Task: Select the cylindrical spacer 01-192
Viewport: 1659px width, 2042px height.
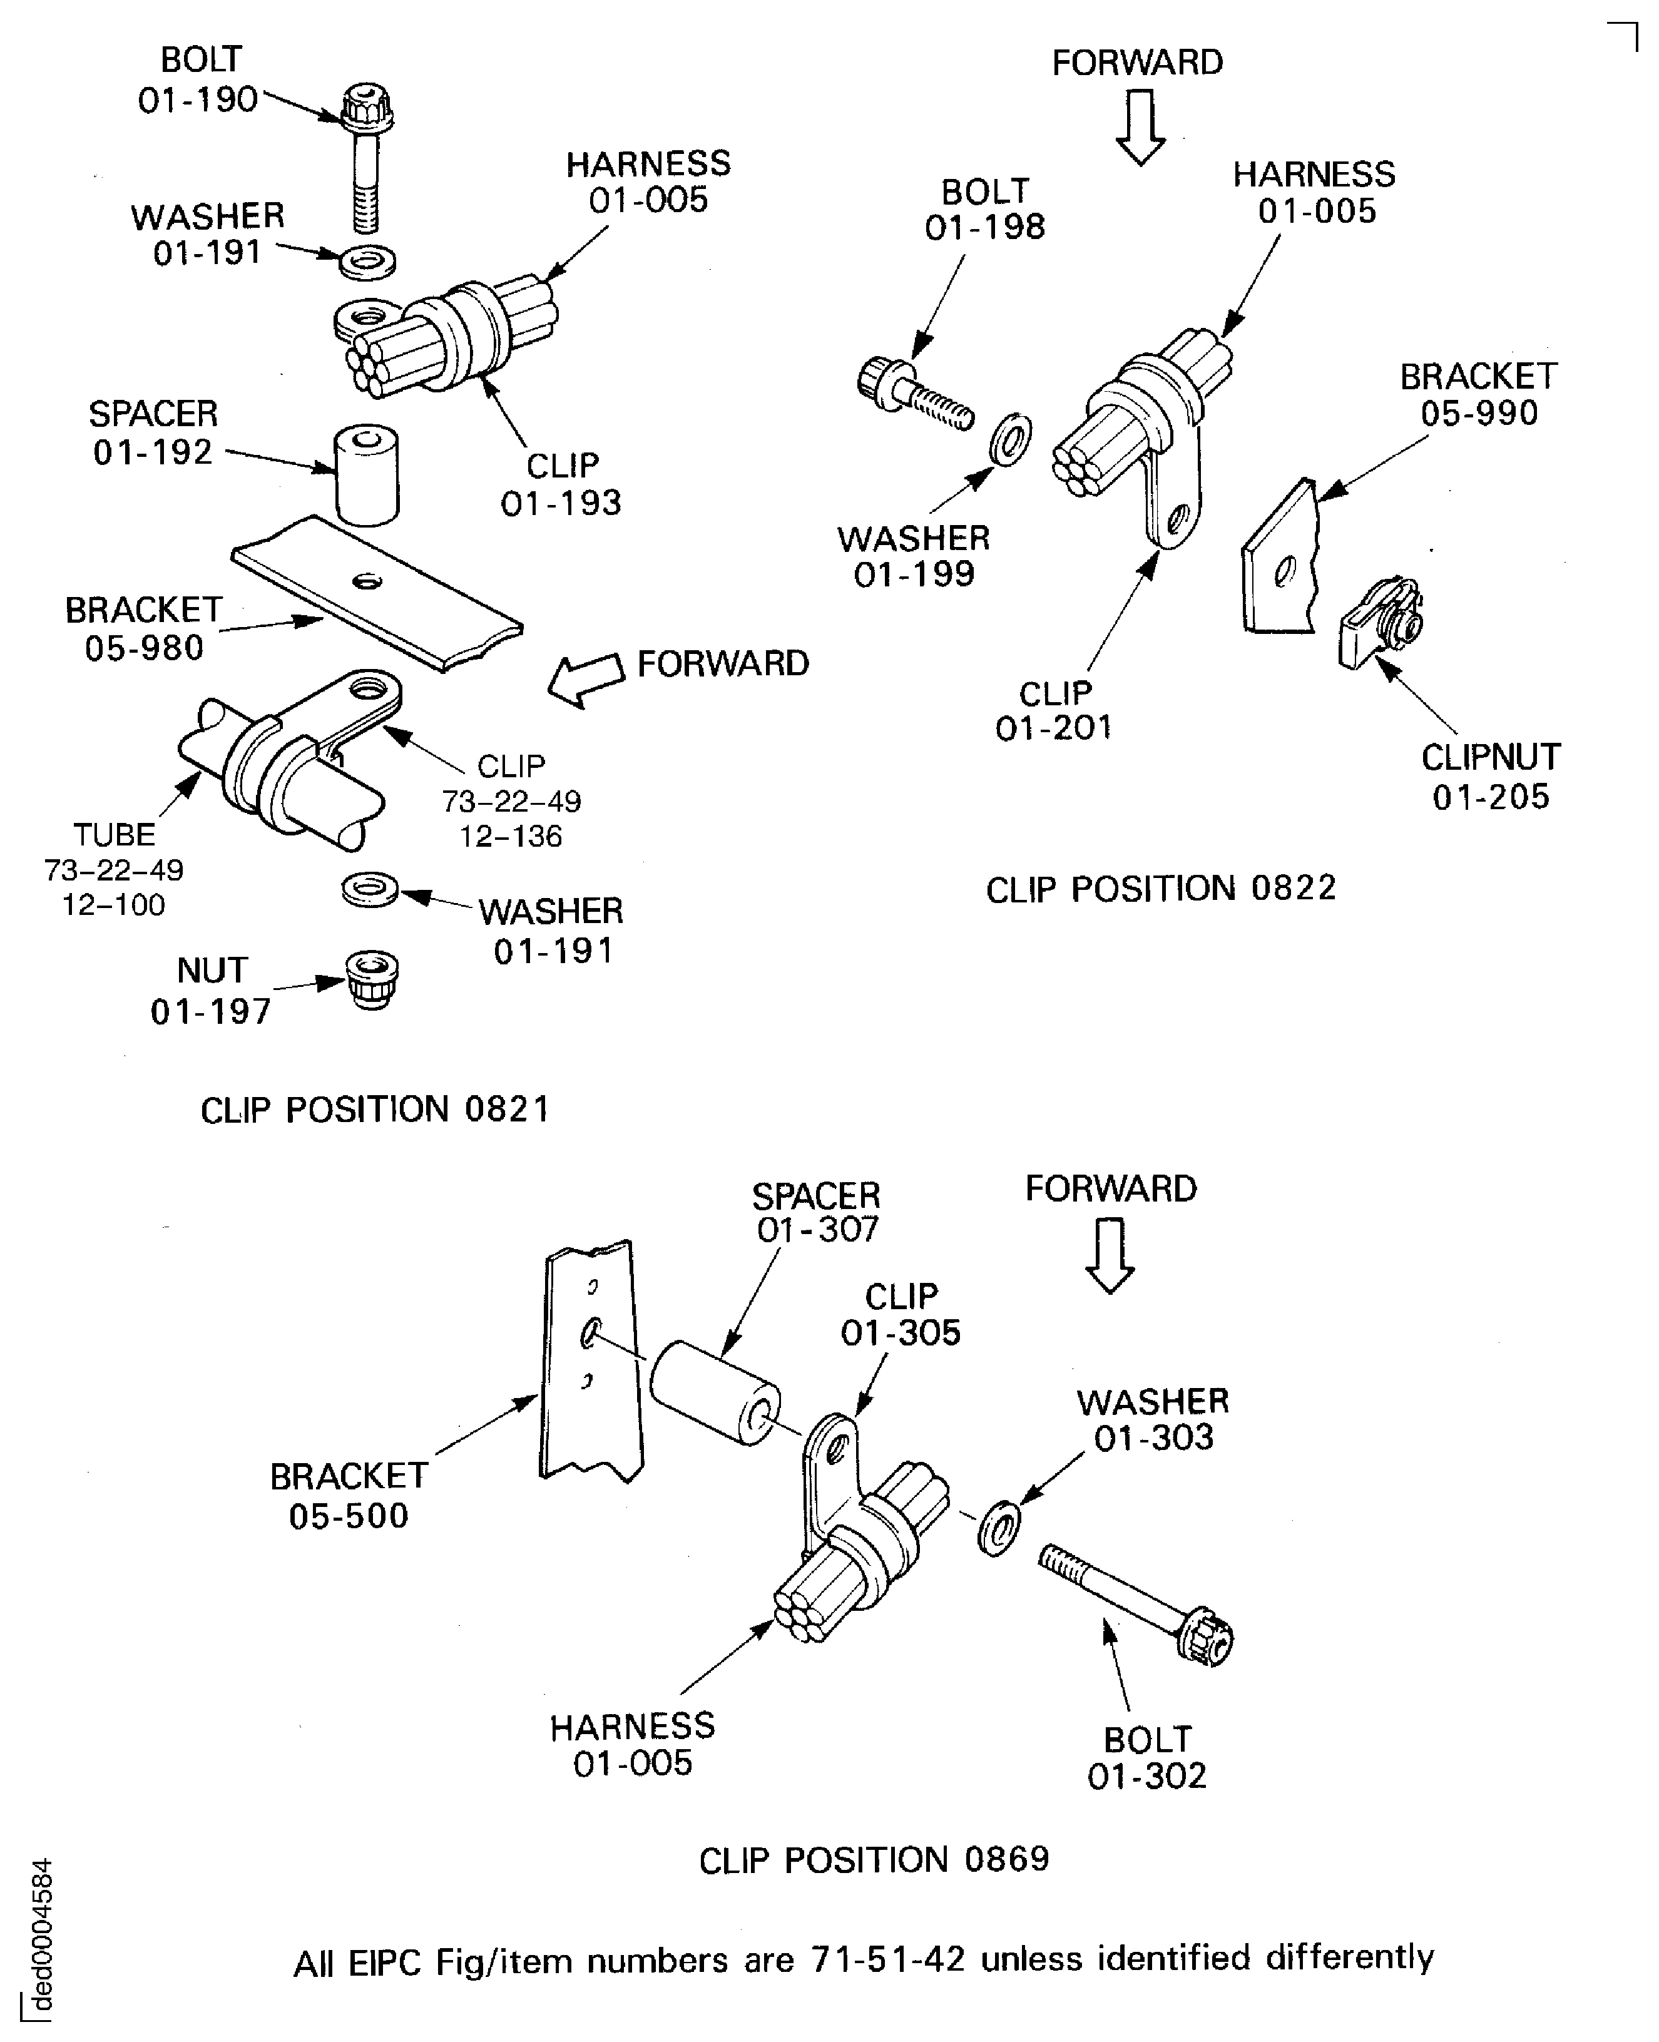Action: [366, 475]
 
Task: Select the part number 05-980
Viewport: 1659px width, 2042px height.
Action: [145, 648]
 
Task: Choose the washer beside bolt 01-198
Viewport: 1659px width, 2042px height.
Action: [1009, 439]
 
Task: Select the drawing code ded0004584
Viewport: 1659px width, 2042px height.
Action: [41, 1935]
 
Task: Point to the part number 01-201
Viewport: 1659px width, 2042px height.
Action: [1054, 729]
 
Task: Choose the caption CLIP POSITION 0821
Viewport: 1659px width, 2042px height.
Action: [375, 1110]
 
